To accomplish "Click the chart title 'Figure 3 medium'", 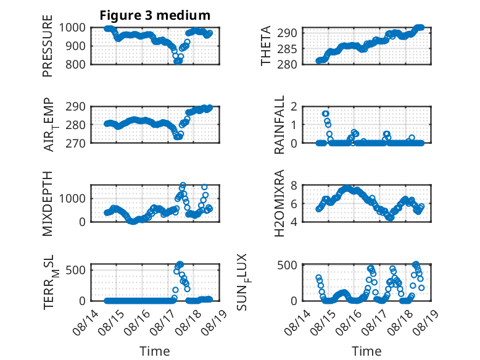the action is point(155,15).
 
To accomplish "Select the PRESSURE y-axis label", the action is point(48,46).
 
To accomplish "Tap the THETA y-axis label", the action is point(266,46).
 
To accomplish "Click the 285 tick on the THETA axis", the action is point(287,49).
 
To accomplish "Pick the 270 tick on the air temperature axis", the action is point(75,143).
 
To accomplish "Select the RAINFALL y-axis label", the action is point(279,125).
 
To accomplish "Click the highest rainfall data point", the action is point(325,114).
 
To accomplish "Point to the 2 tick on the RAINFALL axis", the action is point(294,106).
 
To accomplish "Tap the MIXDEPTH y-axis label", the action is point(48,204).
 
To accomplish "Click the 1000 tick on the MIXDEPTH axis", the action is point(73,198).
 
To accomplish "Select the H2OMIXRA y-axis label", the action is point(279,203).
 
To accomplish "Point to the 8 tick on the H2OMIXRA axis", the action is point(294,185).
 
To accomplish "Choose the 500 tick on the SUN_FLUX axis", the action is point(287,265).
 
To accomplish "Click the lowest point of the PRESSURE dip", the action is point(177,61).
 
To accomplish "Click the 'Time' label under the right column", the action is point(366,351).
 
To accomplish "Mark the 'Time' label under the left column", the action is point(155,351).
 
